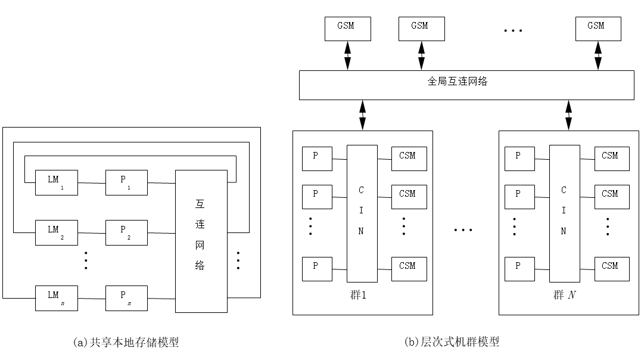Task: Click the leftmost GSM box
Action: [x=347, y=29]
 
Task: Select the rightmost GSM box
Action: [x=598, y=29]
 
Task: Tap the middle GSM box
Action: [x=421, y=29]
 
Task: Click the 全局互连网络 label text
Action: [x=457, y=82]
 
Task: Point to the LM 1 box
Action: [x=57, y=182]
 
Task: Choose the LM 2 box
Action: [x=57, y=232]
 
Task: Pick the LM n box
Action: [x=57, y=298]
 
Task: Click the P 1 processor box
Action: [x=126, y=182]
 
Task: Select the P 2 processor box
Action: [x=126, y=232]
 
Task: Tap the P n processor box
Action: [x=126, y=298]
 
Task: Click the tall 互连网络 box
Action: [x=201, y=241]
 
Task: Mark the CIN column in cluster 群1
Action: [x=362, y=213]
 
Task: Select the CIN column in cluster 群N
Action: [x=564, y=213]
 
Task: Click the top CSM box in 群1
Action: [x=409, y=159]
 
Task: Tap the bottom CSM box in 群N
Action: [x=612, y=269]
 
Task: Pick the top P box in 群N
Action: [x=519, y=159]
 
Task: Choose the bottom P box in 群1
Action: [x=317, y=269]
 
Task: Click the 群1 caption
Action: [x=359, y=295]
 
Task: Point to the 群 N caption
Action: [x=564, y=295]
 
